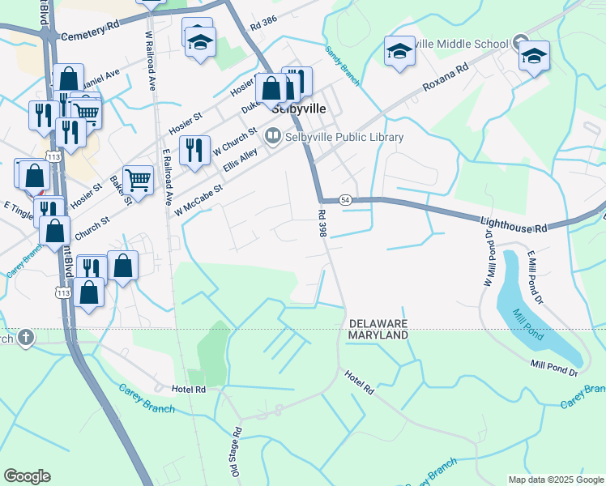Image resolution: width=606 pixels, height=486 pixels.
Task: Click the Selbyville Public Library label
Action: click(x=344, y=137)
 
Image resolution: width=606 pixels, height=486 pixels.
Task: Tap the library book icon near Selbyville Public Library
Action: click(x=272, y=137)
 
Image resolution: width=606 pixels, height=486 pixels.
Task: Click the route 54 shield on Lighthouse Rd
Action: click(x=345, y=199)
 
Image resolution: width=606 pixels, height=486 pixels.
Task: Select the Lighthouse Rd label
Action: click(x=514, y=224)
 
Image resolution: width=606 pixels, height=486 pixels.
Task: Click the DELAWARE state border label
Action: click(x=378, y=322)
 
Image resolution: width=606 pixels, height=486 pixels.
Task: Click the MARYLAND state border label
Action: click(x=378, y=335)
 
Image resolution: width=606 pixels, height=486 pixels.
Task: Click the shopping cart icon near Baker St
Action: click(x=139, y=180)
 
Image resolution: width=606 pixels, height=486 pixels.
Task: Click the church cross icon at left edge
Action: click(x=25, y=337)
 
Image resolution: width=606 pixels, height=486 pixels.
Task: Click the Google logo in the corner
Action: click(x=27, y=475)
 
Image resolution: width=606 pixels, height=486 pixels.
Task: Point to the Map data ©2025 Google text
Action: click(x=555, y=480)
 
